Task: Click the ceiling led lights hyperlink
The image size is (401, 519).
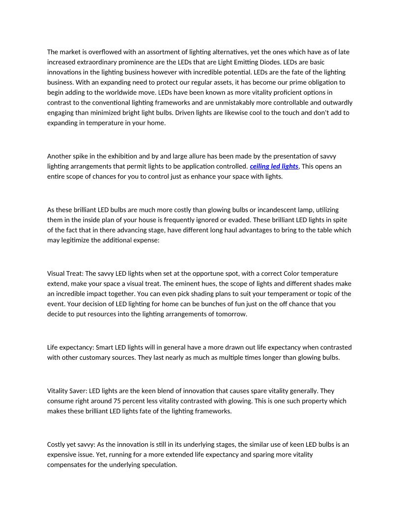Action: pyautogui.click(x=274, y=166)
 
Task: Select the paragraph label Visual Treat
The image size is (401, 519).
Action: pyautogui.click(x=65, y=273)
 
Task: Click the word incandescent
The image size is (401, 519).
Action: pyautogui.click(x=282, y=210)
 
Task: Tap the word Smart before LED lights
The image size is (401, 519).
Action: pyautogui.click(x=105, y=347)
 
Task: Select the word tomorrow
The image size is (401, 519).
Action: pyautogui.click(x=231, y=314)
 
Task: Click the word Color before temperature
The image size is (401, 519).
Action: pyautogui.click(x=293, y=273)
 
